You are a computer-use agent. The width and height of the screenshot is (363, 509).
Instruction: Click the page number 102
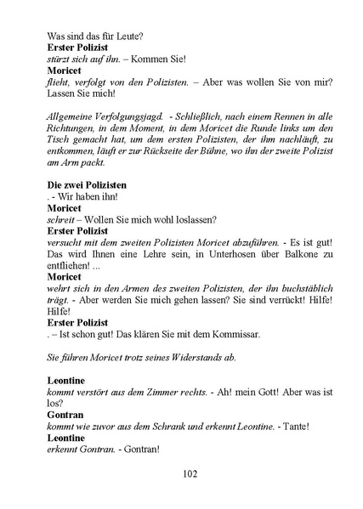182,473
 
